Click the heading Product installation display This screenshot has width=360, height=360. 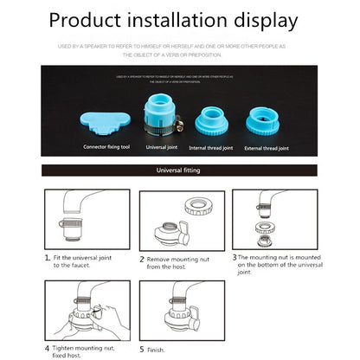(x=179, y=21)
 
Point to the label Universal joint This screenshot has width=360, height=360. (x=162, y=148)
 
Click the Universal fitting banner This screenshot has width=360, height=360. (x=180, y=171)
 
